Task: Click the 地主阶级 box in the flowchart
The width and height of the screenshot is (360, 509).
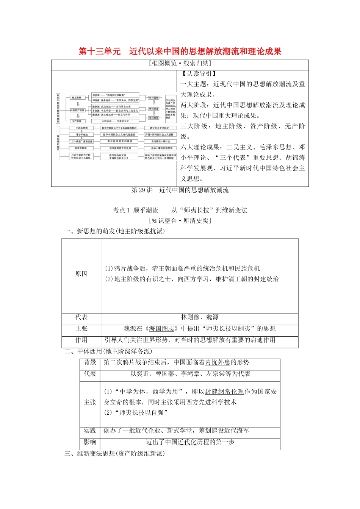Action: pyautogui.click(x=77, y=98)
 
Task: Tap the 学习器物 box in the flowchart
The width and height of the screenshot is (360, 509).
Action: pyautogui.click(x=154, y=97)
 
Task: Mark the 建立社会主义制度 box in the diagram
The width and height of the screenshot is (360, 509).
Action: pyautogui.click(x=160, y=128)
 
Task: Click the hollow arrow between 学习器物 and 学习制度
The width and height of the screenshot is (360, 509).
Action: pyautogui.click(x=154, y=103)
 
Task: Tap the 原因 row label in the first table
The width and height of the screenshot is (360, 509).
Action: pyautogui.click(x=81, y=274)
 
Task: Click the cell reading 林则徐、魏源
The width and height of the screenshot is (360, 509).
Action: pyautogui.click(x=200, y=317)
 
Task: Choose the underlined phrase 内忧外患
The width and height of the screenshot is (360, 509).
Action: pyautogui.click(x=218, y=362)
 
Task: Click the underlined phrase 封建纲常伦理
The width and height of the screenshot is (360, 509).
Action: pyautogui.click(x=224, y=392)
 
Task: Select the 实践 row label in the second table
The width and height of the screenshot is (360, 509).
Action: pyautogui.click(x=90, y=431)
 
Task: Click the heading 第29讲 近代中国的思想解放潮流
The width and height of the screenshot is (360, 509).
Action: pyautogui.click(x=180, y=190)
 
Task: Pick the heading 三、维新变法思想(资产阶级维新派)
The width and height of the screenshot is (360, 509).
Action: pyautogui.click(x=115, y=453)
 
